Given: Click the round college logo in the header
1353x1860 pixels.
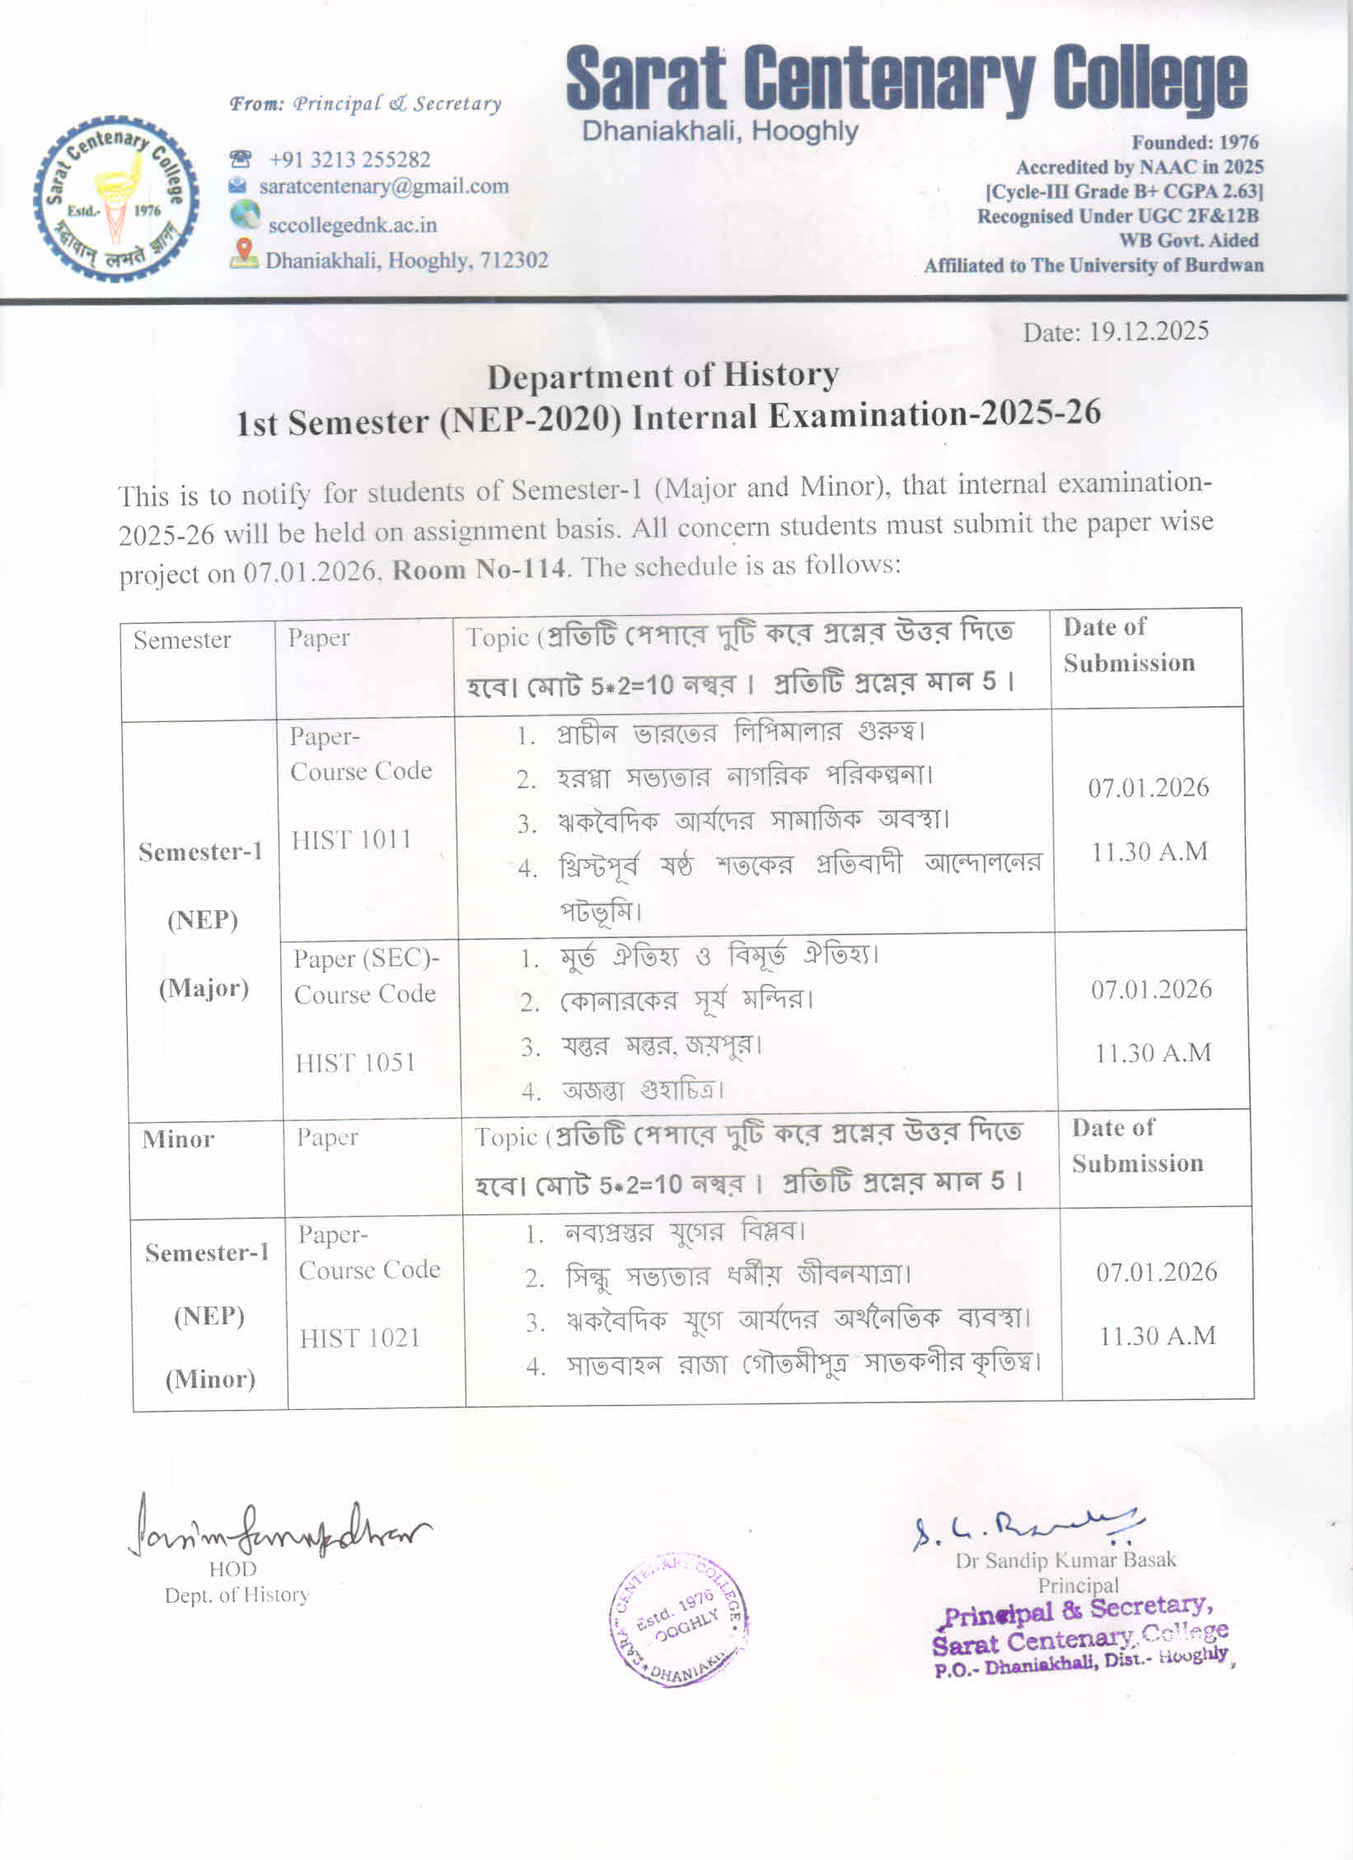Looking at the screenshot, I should [x=116, y=199].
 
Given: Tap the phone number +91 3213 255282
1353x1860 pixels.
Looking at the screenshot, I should [x=349, y=159].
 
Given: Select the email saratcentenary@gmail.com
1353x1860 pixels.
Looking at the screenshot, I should [x=383, y=186].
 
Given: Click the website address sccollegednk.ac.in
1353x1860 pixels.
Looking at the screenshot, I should [x=352, y=225].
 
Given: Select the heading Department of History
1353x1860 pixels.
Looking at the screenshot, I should [x=662, y=376].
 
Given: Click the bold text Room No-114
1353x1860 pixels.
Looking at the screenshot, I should [x=479, y=569].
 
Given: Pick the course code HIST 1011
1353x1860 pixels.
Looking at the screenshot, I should [x=351, y=840].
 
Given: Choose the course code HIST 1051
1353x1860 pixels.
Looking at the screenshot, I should [x=355, y=1063].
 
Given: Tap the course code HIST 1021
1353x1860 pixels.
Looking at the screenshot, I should [x=359, y=1337].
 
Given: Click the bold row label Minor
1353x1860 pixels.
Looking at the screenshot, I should [x=178, y=1139].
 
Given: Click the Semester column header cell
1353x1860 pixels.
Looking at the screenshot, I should [x=182, y=641].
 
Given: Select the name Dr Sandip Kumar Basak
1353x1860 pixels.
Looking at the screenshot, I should [x=1065, y=1560].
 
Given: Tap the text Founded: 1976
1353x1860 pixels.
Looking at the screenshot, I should [x=1195, y=143].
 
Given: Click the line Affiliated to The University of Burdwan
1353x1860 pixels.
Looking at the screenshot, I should [x=1093, y=265].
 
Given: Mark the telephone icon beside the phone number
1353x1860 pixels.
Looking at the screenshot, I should [x=240, y=158].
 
